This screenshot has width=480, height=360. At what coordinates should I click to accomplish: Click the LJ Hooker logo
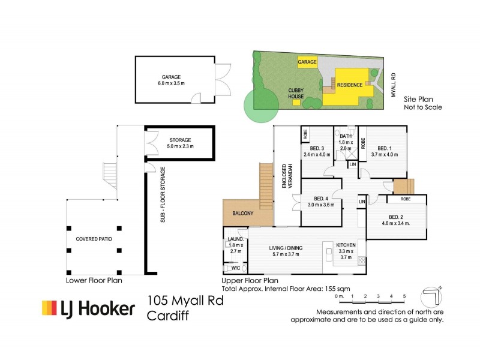(x=88, y=308)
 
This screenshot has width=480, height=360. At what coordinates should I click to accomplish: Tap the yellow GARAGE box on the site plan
(x=307, y=62)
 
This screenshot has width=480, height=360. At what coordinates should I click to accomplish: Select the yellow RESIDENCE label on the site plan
(x=349, y=85)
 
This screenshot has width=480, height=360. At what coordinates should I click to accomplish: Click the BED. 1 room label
(x=384, y=148)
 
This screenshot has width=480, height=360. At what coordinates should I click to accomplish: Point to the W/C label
(x=235, y=268)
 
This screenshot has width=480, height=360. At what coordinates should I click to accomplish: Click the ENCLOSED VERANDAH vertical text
(x=288, y=174)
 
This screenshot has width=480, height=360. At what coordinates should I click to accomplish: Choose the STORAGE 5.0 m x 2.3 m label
(x=179, y=143)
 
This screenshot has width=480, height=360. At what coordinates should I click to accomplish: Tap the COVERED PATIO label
(x=94, y=239)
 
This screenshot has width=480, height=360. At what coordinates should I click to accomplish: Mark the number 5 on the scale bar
(x=404, y=296)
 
